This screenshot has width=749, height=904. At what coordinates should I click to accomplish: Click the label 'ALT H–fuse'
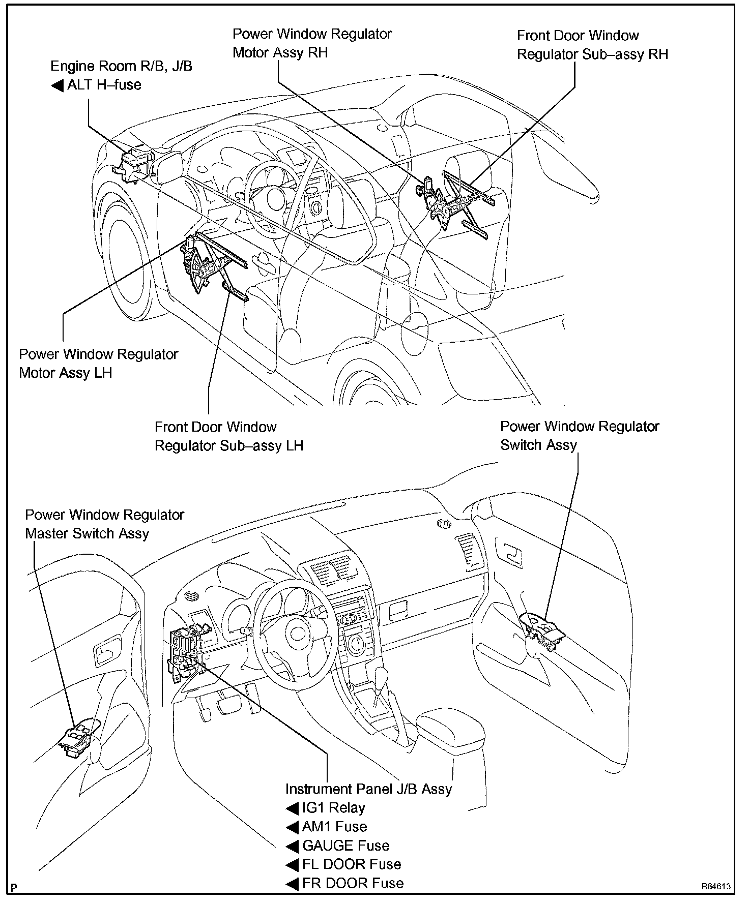104,85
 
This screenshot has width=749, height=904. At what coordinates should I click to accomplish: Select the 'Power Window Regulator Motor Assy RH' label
311,43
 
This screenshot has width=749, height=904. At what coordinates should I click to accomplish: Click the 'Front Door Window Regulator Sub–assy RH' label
592,45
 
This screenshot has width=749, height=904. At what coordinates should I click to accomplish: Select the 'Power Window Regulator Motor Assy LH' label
98,364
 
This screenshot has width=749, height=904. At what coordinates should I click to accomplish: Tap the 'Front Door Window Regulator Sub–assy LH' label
228,436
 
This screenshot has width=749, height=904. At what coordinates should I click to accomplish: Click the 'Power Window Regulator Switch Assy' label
579,436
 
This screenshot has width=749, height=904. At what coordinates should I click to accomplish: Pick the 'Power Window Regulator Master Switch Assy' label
104,524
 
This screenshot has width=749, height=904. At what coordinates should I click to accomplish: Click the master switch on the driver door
79,737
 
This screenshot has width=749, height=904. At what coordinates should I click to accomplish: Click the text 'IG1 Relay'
333,808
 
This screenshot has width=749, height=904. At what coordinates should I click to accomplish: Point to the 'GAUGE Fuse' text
345,846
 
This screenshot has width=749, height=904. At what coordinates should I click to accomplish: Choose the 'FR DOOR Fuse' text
353,883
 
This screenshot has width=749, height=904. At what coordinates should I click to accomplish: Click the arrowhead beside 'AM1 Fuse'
292,827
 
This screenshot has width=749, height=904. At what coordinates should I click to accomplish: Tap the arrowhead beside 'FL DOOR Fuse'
292,865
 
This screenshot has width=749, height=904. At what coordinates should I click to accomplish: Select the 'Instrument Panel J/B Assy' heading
368,789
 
